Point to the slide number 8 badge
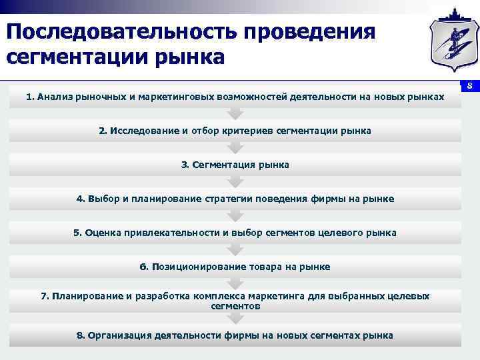click(x=469, y=87)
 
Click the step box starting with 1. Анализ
click(x=235, y=97)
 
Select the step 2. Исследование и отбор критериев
click(x=235, y=131)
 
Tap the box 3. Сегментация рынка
click(x=235, y=165)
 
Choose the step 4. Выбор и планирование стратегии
click(x=235, y=199)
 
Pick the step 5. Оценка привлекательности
click(x=235, y=233)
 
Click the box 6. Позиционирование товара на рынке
click(x=235, y=267)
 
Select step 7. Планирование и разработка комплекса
click(x=235, y=301)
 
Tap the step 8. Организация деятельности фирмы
click(x=235, y=335)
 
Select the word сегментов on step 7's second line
click(x=235, y=306)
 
